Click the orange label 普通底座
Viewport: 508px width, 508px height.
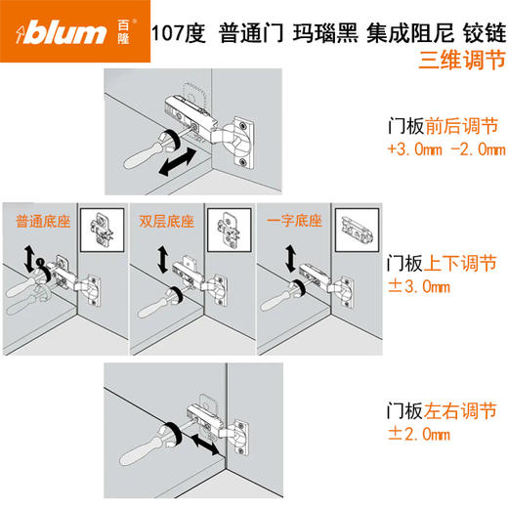[35, 220]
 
